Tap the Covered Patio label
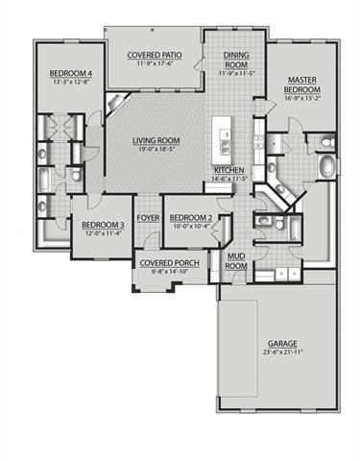[156, 56]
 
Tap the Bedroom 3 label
[94, 225]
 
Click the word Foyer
[148, 218]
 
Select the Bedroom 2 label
[190, 218]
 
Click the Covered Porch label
[162, 262]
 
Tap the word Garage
[281, 343]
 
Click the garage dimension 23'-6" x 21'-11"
[281, 353]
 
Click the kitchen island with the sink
[224, 139]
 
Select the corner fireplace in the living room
[117, 104]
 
